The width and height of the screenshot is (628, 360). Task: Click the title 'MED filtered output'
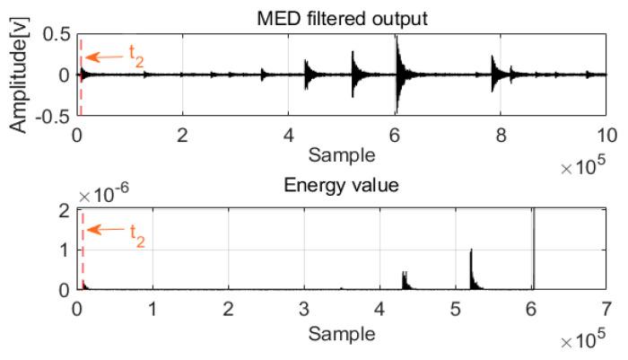pyautogui.click(x=342, y=11)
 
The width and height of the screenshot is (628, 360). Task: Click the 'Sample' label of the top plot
pyautogui.click(x=341, y=154)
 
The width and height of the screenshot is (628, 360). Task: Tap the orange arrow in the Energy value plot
pyautogui.click(x=103, y=229)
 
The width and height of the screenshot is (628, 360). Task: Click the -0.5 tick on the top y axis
pyautogui.click(x=55, y=114)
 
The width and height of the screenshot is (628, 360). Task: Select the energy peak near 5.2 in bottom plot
pyautogui.click(x=471, y=269)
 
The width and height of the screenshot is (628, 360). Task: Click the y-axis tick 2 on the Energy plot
pyautogui.click(x=65, y=210)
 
